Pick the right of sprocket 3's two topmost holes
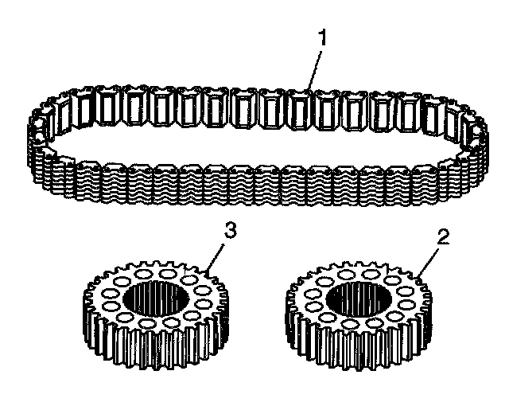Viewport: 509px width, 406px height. click(x=167, y=273)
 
